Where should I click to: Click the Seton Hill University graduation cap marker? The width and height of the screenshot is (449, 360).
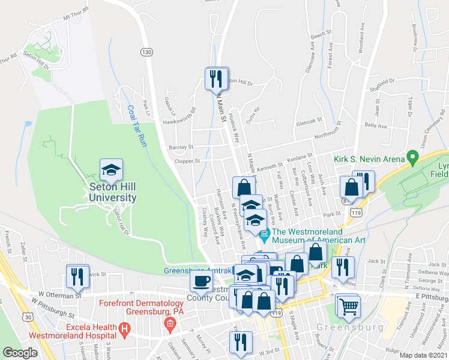pyautogui.click(x=111, y=170)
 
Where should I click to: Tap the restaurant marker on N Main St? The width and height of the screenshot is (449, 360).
pyautogui.click(x=216, y=79)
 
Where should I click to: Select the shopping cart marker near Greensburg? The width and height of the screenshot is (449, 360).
pyautogui.click(x=348, y=307)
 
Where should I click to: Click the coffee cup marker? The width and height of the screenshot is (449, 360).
pyautogui.click(x=201, y=280)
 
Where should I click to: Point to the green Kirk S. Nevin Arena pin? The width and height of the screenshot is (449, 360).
pyautogui.click(x=412, y=158)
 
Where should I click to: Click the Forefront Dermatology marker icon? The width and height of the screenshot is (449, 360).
pyautogui.click(x=170, y=325)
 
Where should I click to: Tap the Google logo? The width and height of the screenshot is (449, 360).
pyautogui.click(x=20, y=353)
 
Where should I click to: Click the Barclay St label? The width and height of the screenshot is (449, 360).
pyautogui.click(x=181, y=146)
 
